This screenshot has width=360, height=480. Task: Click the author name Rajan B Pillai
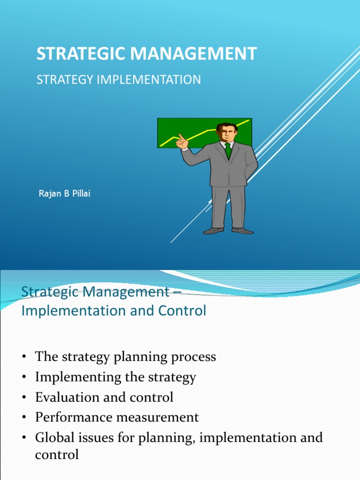(64, 194)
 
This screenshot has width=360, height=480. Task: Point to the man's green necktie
(228, 150)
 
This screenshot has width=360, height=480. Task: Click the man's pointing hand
(182, 142)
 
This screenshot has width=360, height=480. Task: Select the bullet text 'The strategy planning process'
(126, 357)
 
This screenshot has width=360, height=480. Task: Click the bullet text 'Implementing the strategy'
(115, 377)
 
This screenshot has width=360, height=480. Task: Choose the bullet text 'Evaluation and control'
(104, 397)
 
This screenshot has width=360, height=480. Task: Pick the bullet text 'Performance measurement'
(117, 417)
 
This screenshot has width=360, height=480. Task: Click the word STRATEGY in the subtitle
(65, 80)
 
